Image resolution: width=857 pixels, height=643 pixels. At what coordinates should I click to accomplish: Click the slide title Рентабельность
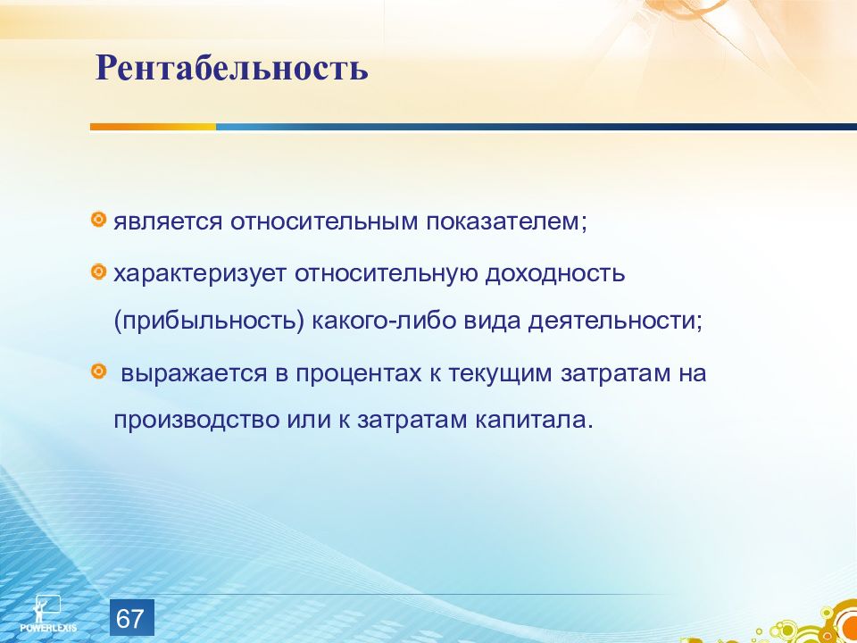coord(232,68)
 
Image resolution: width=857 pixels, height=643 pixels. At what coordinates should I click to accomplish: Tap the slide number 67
coord(130,619)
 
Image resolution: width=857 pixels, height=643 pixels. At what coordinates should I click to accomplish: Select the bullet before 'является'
coord(98,220)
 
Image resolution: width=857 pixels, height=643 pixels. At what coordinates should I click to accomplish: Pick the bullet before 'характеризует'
coord(98,271)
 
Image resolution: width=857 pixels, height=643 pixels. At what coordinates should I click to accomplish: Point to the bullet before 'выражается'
coord(98,372)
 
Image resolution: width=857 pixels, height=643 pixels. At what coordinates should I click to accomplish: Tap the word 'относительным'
coord(323,222)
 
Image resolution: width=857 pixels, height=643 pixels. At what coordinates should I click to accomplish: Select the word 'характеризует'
coord(199,273)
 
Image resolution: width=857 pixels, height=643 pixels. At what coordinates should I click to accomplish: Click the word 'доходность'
coord(554,273)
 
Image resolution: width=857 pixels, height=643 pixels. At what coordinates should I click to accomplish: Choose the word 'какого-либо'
coord(384,321)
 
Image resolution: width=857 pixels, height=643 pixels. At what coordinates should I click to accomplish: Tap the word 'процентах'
coord(359,374)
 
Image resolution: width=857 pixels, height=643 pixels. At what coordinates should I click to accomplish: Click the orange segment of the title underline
coord(153,127)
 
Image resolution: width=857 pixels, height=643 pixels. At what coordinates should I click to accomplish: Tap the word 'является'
coord(167,222)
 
